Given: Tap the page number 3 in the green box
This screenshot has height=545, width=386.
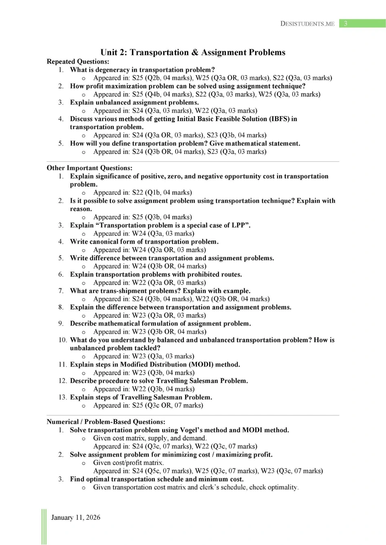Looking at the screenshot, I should click(x=345, y=24).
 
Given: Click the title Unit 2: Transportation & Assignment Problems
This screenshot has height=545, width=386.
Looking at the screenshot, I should click(x=193, y=52).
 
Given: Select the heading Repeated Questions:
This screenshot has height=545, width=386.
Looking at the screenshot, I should click(x=78, y=62).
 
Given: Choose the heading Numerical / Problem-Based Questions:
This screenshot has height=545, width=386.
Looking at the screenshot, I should click(x=106, y=422).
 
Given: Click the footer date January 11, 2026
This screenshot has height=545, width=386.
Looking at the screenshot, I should click(x=75, y=517).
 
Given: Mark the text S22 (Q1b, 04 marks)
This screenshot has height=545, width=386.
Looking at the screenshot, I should click(x=162, y=192).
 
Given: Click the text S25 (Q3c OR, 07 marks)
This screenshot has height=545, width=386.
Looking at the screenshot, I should click(x=168, y=405).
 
